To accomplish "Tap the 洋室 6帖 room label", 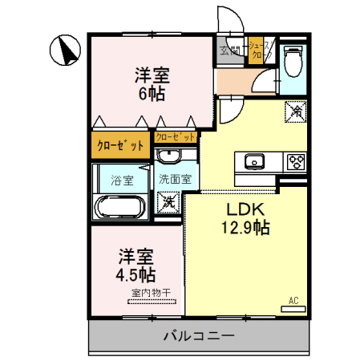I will coord(151,83).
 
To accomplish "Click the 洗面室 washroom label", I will coord(174,179).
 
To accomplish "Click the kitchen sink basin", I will coord(254,160).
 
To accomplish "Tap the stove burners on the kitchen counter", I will coord(294,160).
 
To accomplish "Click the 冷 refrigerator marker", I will coord(295,111).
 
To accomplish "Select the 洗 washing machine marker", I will coord(169,201).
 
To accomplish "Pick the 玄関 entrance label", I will coord(230,51).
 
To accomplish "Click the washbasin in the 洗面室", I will coord(170,156).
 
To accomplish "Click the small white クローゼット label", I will coord(176,136).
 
